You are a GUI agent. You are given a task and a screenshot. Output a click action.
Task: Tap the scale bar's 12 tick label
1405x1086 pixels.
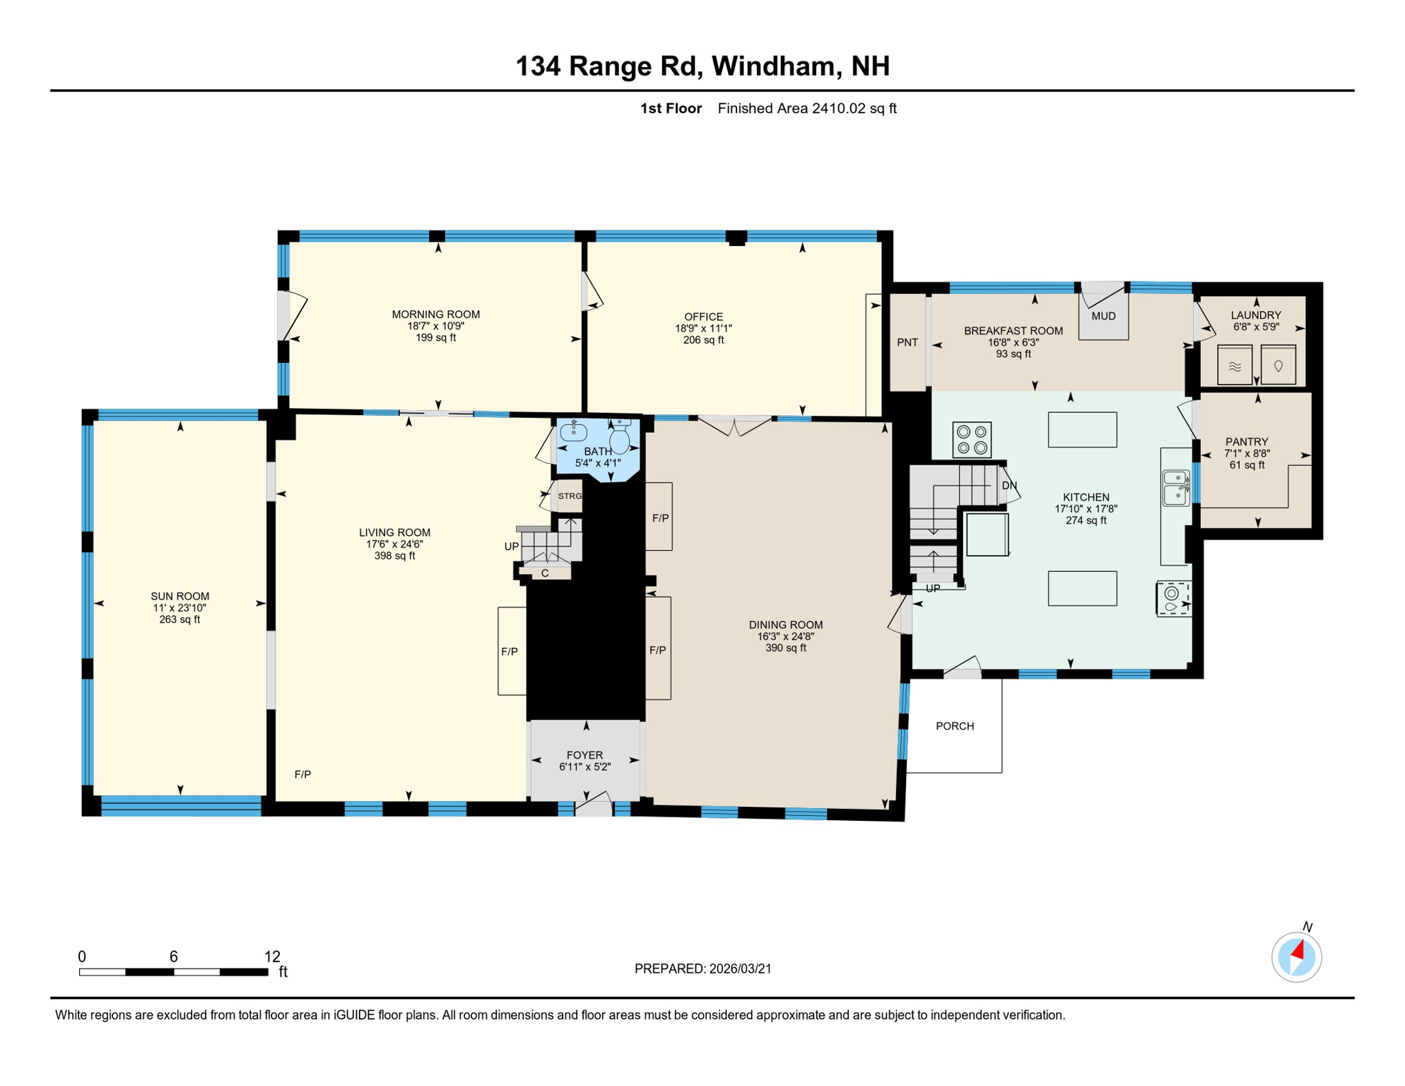click(x=272, y=957)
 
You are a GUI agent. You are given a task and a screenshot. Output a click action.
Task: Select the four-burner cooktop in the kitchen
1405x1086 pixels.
click(x=972, y=439)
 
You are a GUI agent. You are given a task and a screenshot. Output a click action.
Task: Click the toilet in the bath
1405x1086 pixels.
click(x=620, y=436)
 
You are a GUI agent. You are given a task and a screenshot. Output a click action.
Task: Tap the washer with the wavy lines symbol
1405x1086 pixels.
click(x=1235, y=365)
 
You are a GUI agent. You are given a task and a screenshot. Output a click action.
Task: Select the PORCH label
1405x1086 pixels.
click(x=955, y=726)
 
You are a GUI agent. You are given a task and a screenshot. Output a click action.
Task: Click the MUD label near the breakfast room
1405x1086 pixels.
click(x=1103, y=316)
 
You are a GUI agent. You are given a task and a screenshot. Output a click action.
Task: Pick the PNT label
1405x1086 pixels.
click(x=907, y=342)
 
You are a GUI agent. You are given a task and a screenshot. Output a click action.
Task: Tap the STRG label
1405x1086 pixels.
click(x=570, y=496)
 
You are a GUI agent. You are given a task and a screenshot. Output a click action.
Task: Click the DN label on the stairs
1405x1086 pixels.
click(x=1009, y=486)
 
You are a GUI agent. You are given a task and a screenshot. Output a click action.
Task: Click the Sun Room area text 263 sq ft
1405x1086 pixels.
click(x=180, y=619)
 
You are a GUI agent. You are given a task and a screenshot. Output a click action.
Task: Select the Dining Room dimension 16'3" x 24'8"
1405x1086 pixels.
click(x=786, y=636)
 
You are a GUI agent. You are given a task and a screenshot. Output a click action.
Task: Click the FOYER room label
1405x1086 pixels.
click(x=584, y=755)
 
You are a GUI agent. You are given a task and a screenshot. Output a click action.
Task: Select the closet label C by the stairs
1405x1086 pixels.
click(x=545, y=573)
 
